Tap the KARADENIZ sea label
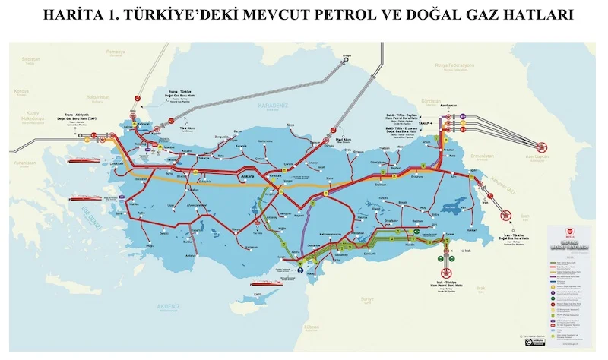[271, 106]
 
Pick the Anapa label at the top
[347, 55]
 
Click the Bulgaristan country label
[97, 96]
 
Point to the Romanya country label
[115, 52]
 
